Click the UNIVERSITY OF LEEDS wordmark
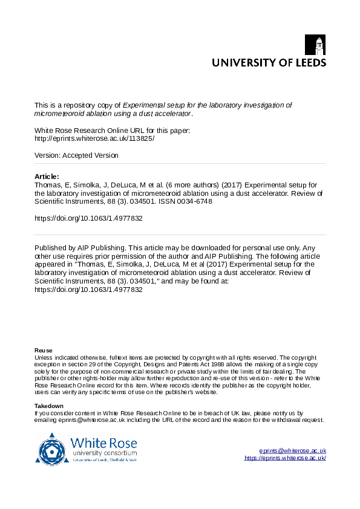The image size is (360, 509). (268, 62)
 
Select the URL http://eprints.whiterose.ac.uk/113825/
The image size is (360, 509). (94, 138)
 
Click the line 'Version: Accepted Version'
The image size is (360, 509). (76, 155)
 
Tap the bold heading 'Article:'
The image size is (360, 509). (47, 177)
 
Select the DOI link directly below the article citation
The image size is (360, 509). (88, 219)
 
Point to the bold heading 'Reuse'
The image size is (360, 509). (43, 351)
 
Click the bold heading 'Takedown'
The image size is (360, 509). (48, 406)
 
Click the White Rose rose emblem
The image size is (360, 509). (53, 449)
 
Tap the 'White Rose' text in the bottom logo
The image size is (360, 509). (100, 443)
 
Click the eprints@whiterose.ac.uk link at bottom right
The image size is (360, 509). (292, 451)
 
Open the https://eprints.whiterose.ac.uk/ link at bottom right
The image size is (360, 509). (285, 458)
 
